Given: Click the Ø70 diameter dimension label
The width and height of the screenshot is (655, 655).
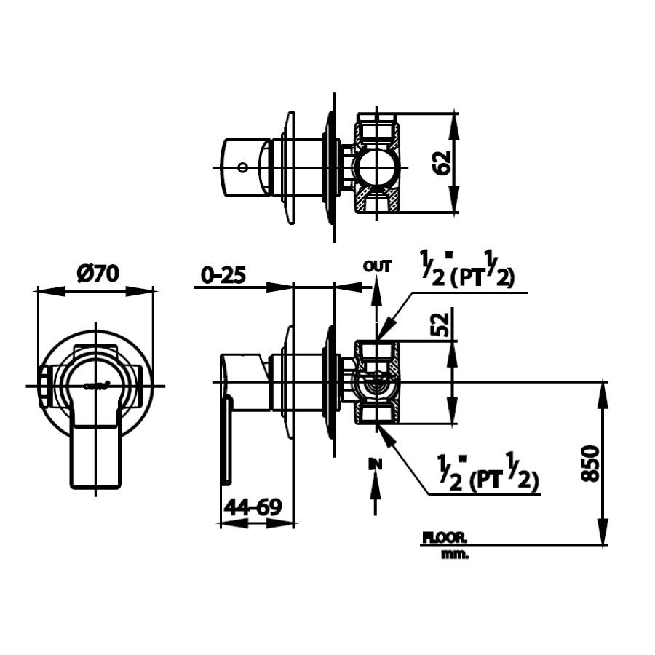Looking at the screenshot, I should tap(97, 274).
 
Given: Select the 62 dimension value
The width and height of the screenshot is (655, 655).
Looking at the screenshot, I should tap(445, 164).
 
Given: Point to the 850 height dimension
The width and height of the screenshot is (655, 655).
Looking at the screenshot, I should tap(591, 462).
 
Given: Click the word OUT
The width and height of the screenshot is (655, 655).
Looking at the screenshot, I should tap(377, 266).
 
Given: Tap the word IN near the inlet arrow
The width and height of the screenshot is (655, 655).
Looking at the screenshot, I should tap(375, 463).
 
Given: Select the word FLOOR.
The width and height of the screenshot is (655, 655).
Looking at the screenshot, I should tap(445, 539).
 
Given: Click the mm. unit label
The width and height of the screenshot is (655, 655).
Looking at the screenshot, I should tap(455, 555).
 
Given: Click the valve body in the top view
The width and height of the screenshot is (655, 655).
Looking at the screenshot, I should tap(376, 164).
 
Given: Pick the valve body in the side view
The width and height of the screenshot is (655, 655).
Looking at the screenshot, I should tap(376, 383).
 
